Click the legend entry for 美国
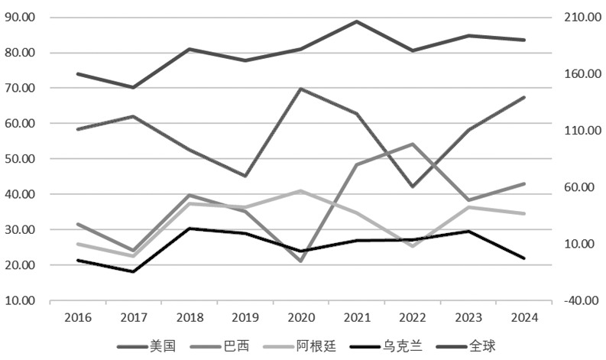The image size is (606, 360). (x=147, y=345)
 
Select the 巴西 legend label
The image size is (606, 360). (x=220, y=345)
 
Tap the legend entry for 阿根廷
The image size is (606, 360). (x=300, y=345)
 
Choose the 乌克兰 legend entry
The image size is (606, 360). (x=386, y=345)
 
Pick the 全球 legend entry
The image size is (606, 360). (x=465, y=345)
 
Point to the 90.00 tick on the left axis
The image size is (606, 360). (x=20, y=18)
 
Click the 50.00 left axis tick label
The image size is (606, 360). (x=20, y=159)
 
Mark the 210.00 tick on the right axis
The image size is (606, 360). (x=583, y=18)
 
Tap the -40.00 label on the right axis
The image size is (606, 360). (x=582, y=300)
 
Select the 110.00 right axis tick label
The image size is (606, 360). (x=583, y=131)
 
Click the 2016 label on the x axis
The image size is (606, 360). (x=78, y=317)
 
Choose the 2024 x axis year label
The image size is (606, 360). (x=524, y=317)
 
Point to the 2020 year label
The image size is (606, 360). (x=301, y=317)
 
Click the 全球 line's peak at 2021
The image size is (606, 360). (x=357, y=21)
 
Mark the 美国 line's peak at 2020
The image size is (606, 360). (x=301, y=89)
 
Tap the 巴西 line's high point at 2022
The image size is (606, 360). (x=413, y=144)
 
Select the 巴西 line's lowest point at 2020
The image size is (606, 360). (x=301, y=261)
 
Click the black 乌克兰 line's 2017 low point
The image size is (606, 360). (x=134, y=271)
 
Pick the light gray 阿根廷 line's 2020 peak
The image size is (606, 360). (x=301, y=190)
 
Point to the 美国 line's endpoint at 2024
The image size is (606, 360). (x=524, y=97)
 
